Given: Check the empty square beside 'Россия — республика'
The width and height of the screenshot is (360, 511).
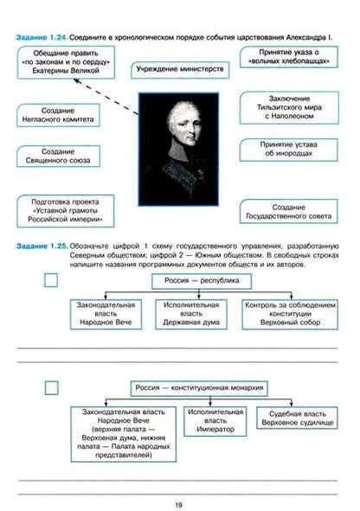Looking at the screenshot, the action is point(51,280).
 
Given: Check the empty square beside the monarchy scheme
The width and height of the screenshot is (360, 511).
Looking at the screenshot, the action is point(51,386).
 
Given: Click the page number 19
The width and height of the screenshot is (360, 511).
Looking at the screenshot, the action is point(178,501).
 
